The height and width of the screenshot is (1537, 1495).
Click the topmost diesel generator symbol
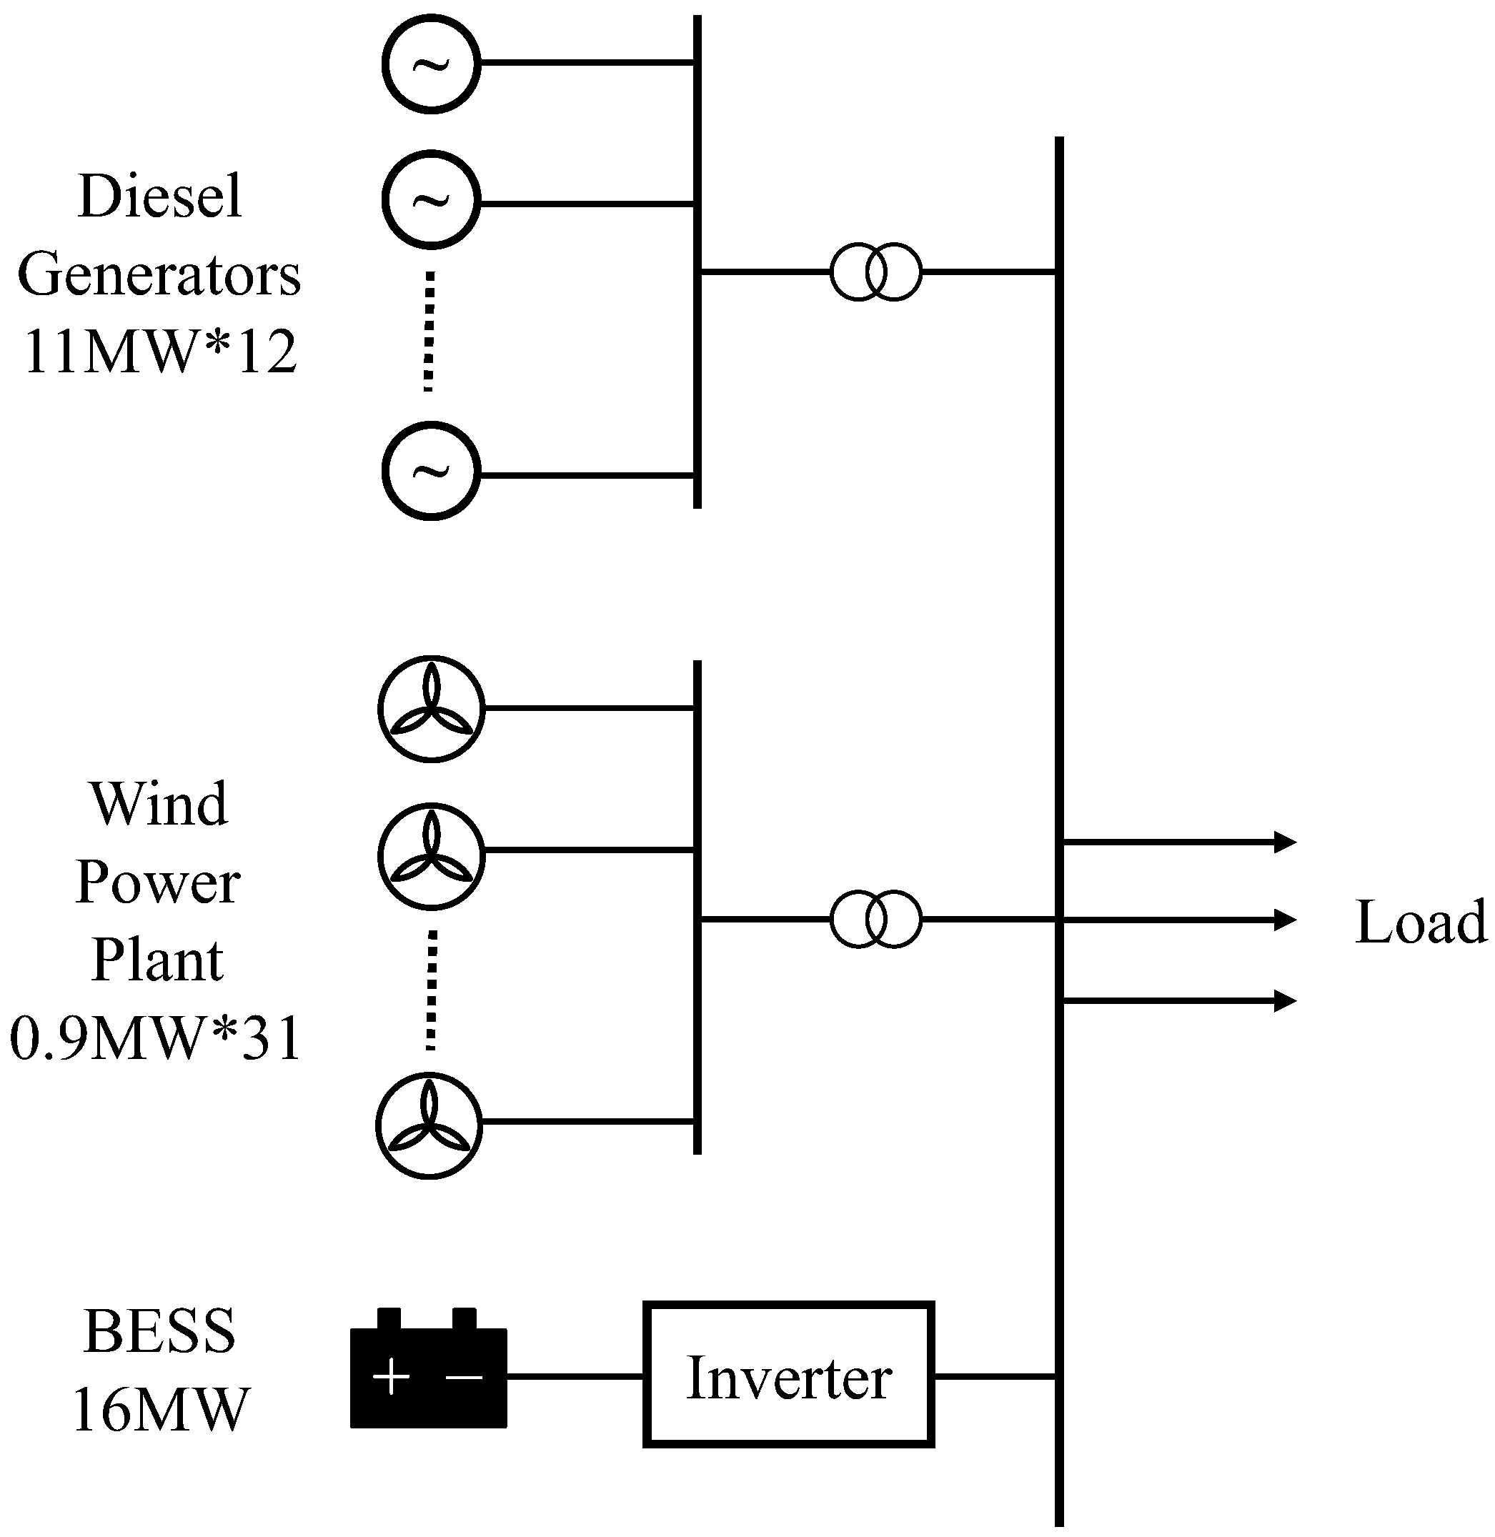[431, 64]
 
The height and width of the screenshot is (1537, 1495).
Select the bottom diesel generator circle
[431, 470]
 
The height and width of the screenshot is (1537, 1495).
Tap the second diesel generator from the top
[431, 199]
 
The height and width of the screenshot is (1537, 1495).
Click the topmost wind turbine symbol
[431, 708]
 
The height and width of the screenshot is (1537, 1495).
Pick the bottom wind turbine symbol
[429, 1125]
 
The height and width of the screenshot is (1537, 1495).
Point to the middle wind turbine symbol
[431, 855]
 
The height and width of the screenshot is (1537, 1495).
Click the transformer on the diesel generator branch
[875, 272]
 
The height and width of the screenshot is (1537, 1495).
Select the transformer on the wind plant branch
[875, 918]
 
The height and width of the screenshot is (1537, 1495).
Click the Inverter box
[788, 1375]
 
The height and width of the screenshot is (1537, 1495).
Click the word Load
[1421, 922]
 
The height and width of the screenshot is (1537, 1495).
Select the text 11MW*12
[160, 351]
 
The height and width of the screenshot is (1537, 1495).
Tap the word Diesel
[160, 197]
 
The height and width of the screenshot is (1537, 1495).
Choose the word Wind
[160, 805]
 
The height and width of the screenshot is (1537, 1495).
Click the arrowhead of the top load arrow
[1285, 842]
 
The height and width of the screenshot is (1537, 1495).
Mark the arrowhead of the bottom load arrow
[1285, 1001]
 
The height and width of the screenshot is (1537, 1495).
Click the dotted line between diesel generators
[429, 332]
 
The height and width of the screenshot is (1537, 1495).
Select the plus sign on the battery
[391, 1377]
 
